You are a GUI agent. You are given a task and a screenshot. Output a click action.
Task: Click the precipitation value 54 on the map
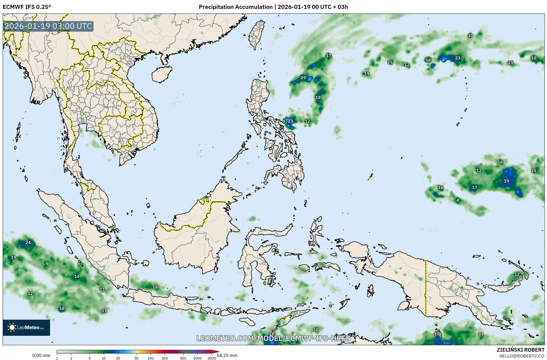point(428,60)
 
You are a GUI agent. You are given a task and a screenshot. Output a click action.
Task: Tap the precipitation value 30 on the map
point(470,36)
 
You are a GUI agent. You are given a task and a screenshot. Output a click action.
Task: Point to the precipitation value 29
point(303,78)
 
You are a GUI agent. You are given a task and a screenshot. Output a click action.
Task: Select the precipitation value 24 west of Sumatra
point(28,243)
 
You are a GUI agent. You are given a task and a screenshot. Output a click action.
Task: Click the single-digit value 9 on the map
point(47,264)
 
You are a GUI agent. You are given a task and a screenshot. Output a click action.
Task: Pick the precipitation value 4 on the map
point(457,200)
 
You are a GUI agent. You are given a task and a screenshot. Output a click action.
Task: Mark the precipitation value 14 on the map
point(77,276)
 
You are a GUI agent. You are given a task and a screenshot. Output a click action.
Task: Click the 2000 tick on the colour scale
point(212,358)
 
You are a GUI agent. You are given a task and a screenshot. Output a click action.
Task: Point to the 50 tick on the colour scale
point(136,358)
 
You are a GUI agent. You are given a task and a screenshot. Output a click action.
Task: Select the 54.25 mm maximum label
point(227,355)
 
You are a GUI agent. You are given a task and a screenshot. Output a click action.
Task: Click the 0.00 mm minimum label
point(41,355)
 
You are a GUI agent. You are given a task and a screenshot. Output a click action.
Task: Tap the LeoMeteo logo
point(26,327)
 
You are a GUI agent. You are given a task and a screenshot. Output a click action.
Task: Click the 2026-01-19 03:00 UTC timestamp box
point(48,26)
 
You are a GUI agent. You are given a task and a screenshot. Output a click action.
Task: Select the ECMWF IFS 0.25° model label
point(27,7)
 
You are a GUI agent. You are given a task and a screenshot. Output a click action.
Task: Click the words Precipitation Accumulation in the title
point(235,7)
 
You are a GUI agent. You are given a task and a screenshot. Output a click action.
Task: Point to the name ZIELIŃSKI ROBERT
point(521,350)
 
